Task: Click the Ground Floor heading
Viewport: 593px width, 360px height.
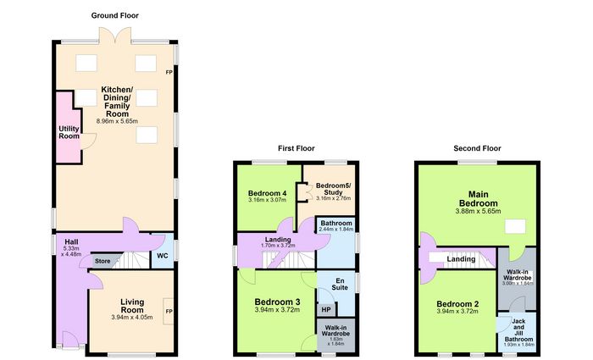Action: click(x=115, y=15)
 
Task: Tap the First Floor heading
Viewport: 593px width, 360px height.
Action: click(x=296, y=148)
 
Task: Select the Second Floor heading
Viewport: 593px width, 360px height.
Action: click(x=477, y=148)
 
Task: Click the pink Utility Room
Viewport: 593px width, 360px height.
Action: click(x=69, y=129)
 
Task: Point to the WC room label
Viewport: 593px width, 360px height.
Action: click(x=163, y=256)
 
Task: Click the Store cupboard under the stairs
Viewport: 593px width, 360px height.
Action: click(x=103, y=261)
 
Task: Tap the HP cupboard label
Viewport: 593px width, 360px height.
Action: click(x=326, y=310)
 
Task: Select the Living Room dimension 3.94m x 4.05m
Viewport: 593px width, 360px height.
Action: click(x=132, y=318)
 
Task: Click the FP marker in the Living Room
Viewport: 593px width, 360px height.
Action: click(x=169, y=311)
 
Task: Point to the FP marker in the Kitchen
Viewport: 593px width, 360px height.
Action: click(x=169, y=72)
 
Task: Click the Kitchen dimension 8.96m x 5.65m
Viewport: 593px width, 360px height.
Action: click(x=117, y=121)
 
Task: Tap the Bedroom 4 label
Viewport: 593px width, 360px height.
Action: click(x=268, y=193)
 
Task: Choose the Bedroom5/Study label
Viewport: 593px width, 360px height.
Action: click(x=333, y=189)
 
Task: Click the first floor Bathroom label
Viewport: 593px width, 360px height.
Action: click(x=336, y=223)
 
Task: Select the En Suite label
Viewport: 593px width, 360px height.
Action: click(x=340, y=284)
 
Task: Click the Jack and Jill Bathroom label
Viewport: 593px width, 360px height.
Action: click(x=518, y=330)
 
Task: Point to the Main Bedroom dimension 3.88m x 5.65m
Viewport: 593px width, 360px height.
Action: click(x=478, y=212)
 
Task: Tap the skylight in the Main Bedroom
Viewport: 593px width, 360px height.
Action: click(x=515, y=226)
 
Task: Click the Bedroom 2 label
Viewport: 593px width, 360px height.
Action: click(x=457, y=304)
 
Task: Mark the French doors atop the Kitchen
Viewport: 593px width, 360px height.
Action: click(x=115, y=35)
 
